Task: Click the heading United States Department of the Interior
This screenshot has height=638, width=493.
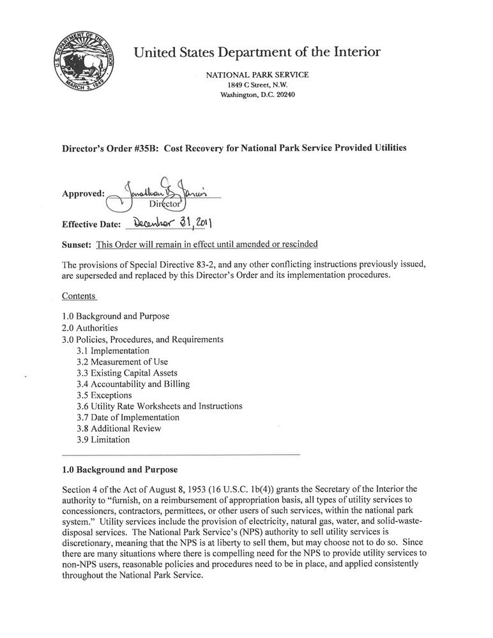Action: point(257,52)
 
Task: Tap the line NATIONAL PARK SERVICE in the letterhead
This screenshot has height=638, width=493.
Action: point(257,75)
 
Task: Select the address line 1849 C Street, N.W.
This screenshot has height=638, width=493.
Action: point(257,85)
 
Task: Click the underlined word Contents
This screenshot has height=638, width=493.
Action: point(79,296)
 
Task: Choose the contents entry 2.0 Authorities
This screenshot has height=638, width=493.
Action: point(90,328)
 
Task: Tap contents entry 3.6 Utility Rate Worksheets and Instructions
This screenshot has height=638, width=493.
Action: point(159,406)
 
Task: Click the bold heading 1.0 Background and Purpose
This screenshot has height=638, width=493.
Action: point(119,470)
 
